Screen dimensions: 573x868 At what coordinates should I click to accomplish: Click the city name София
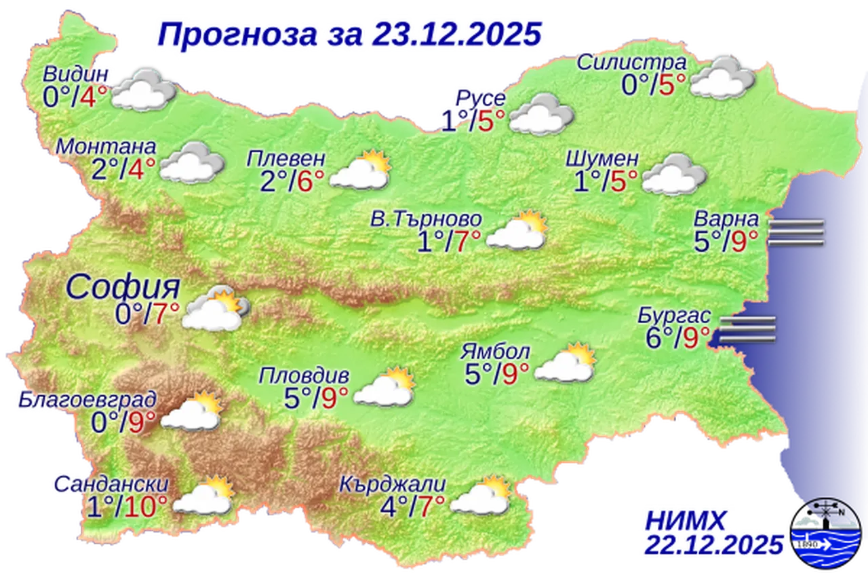point(123,287)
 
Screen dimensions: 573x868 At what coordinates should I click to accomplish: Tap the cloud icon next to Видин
point(142,89)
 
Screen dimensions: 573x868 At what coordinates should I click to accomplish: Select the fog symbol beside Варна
point(796,232)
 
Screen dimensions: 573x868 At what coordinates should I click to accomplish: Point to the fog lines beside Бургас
point(747,329)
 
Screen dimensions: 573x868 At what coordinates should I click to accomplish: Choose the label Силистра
point(631,62)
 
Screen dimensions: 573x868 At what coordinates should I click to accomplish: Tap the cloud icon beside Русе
point(541,114)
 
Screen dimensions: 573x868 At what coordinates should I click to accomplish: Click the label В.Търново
point(427,219)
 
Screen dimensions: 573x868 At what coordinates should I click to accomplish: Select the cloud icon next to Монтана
point(192,162)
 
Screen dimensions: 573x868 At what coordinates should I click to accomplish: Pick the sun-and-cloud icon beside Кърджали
point(481,496)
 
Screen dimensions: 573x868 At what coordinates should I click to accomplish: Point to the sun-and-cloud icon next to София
point(215,310)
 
